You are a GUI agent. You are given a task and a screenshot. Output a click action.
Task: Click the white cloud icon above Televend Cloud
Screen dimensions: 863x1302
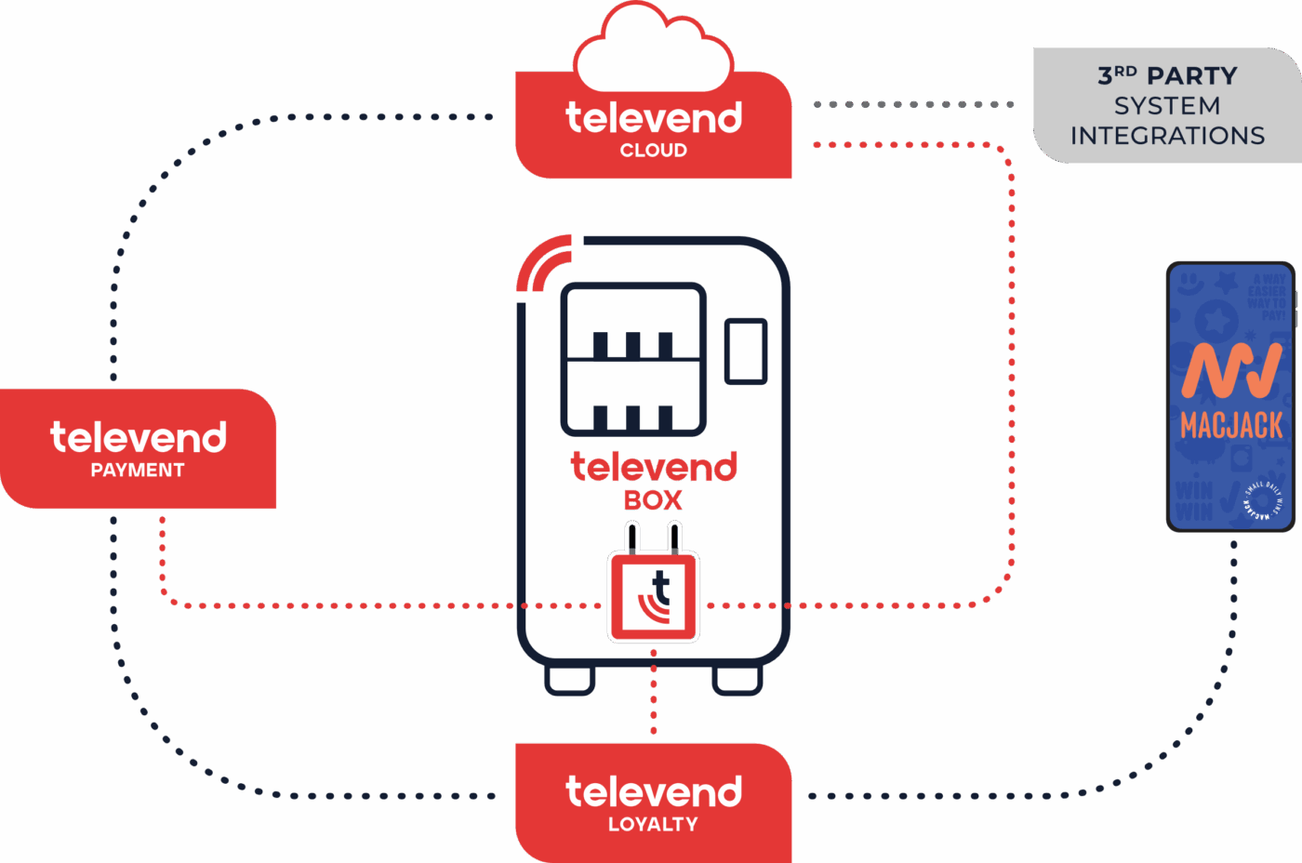click(653, 51)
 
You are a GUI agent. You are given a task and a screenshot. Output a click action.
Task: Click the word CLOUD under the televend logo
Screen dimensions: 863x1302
click(653, 151)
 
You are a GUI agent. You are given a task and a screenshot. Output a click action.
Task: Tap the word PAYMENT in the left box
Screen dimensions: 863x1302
click(138, 471)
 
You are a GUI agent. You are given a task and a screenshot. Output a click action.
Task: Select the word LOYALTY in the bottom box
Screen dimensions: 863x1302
click(653, 825)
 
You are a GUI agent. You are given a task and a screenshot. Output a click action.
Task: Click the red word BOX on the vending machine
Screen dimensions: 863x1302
click(653, 500)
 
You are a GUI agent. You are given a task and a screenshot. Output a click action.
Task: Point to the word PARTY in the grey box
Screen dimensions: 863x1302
click(1191, 76)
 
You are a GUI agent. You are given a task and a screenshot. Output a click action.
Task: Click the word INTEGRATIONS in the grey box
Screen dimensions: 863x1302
click(1167, 136)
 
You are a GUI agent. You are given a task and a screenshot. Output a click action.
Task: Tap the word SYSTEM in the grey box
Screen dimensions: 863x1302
click(1167, 106)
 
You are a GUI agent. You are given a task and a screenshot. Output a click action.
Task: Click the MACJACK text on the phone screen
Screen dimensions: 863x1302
click(1231, 426)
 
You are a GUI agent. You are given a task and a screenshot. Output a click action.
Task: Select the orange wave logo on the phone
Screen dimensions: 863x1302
click(1231, 370)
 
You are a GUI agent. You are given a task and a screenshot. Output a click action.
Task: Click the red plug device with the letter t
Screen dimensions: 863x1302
click(653, 595)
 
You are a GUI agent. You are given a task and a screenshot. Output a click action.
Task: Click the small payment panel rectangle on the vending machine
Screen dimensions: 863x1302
click(746, 351)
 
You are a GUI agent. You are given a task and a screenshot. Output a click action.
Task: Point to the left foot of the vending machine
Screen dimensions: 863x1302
click(569, 681)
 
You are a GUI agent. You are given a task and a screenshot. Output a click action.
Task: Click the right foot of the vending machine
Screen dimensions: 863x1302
click(737, 681)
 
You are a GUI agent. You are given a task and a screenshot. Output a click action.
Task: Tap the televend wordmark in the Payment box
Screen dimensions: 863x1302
click(138, 437)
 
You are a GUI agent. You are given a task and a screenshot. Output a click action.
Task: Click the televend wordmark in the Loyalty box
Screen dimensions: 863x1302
click(653, 791)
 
